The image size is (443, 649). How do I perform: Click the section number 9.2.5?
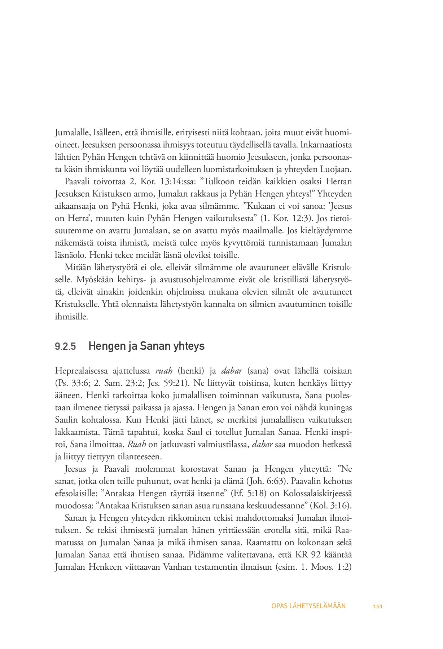point(65,347)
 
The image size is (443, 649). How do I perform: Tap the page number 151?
point(378,606)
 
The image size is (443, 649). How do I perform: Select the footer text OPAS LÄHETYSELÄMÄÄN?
point(308,606)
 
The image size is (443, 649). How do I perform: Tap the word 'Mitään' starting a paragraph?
point(76,267)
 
